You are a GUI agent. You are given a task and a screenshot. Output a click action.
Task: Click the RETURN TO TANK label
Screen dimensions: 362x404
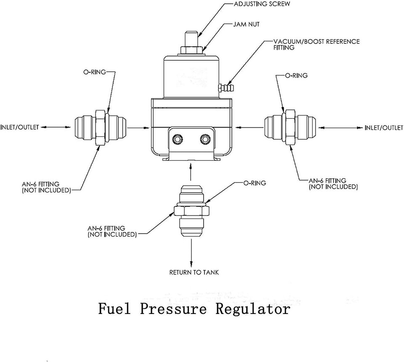tap(194, 272)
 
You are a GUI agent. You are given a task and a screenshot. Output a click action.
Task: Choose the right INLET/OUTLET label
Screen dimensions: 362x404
tap(383, 128)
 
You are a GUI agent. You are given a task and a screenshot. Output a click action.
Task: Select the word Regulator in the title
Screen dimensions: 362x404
tap(253, 309)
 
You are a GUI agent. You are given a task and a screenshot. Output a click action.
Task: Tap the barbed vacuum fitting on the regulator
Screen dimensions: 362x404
tap(226, 88)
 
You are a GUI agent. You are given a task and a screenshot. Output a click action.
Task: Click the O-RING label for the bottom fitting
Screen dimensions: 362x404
tap(255, 183)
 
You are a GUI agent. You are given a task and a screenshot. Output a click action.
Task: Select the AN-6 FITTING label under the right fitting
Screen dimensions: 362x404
tap(333, 184)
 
